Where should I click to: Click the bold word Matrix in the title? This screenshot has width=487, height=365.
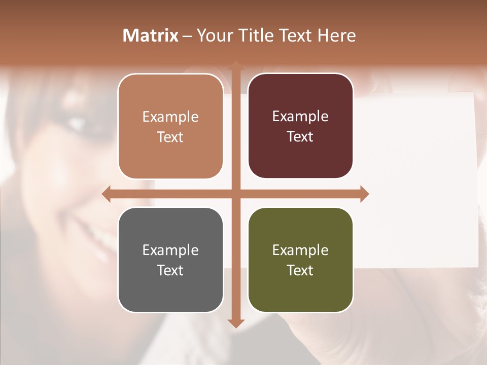151,35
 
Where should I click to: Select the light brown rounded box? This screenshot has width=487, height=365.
170,126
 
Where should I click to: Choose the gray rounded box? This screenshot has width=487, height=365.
170,260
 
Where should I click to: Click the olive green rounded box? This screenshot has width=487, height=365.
300,260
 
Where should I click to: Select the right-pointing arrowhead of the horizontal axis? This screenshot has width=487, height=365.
364,194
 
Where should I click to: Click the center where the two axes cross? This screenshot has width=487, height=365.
235,194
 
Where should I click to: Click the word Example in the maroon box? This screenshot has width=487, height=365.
300,116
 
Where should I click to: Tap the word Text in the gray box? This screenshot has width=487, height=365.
170,270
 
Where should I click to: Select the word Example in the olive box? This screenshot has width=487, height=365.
300,250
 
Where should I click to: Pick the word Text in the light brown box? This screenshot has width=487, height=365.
170,137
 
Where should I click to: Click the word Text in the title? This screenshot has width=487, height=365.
296,35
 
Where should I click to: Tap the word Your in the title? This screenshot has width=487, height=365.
214,35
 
